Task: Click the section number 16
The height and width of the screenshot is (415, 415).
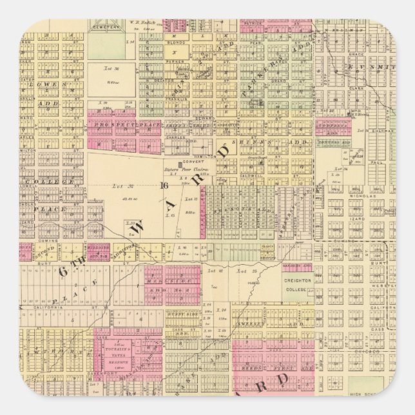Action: pyautogui.click(x=165, y=185)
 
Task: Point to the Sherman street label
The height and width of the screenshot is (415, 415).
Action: pyautogui.click(x=381, y=129)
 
